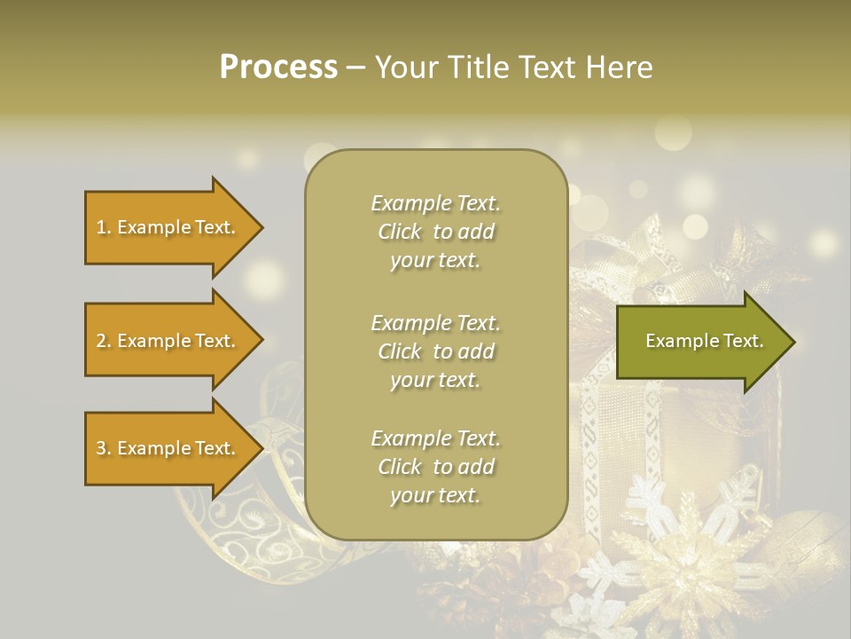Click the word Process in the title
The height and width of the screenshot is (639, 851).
pos(278,67)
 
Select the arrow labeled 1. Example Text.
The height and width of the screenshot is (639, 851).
pos(168,227)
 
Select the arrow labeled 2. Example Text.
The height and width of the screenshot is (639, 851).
pos(168,341)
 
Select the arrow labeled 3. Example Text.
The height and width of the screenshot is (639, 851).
pos(168,448)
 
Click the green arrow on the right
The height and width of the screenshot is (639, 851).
pos(700,342)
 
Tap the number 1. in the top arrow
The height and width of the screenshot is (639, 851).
pos(104,228)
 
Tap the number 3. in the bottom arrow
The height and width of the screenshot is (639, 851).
pos(104,449)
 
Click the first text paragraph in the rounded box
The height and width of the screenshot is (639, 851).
pos(435,232)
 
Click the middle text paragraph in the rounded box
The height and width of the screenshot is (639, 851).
pos(435,351)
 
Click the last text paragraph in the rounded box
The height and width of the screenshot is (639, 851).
pos(435,467)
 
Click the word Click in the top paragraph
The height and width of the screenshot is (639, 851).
pos(400,233)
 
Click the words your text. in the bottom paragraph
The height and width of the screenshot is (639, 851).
pos(435,496)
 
